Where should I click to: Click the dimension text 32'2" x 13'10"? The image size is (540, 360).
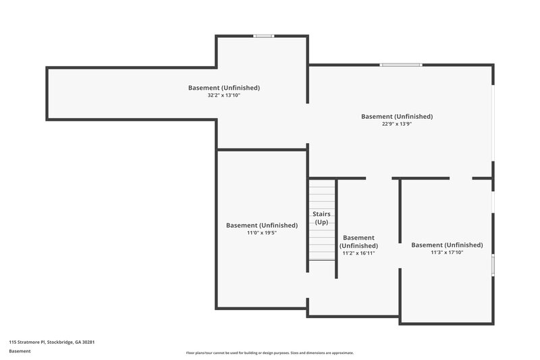pyautogui.click(x=223, y=96)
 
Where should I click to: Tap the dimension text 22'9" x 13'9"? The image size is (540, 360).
pyautogui.click(x=397, y=125)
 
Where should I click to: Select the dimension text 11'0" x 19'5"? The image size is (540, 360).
pyautogui.click(x=262, y=233)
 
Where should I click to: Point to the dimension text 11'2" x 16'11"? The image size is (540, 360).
pyautogui.click(x=358, y=253)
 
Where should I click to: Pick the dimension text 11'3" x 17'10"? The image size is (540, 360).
pyautogui.click(x=447, y=253)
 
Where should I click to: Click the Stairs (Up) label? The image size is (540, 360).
pyautogui.click(x=322, y=217)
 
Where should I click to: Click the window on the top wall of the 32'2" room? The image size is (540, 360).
pyautogui.click(x=263, y=36)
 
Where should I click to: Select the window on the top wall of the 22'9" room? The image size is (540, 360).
pyautogui.click(x=400, y=65)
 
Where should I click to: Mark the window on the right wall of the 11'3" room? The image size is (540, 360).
pyautogui.click(x=493, y=265)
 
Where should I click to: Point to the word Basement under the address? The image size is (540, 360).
pyautogui.click(x=20, y=351)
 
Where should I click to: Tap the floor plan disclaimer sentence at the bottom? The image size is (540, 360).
pyautogui.click(x=269, y=353)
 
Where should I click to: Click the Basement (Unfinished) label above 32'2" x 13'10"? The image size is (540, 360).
pyautogui.click(x=223, y=88)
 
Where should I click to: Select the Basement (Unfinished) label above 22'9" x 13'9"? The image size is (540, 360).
pyautogui.click(x=397, y=117)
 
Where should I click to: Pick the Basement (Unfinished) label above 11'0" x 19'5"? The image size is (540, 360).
pyautogui.click(x=262, y=225)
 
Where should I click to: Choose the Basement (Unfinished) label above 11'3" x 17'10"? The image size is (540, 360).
pyautogui.click(x=447, y=245)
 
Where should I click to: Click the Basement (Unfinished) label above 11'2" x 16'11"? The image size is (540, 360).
pyautogui.click(x=358, y=242)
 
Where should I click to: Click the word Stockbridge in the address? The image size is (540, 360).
pyautogui.click(x=59, y=342)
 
